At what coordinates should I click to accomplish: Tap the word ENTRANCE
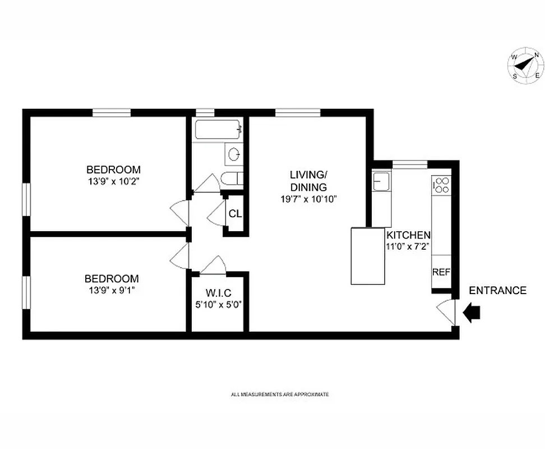(497, 291)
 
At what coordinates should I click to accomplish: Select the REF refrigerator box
(441, 272)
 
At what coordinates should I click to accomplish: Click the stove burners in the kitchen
(441, 185)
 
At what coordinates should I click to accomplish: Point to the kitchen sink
(381, 182)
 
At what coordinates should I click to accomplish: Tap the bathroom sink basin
(234, 153)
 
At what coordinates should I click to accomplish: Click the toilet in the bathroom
(231, 180)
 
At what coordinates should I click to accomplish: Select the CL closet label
(235, 214)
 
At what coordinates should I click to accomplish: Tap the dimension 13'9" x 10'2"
(113, 181)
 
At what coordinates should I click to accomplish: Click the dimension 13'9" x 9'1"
(111, 290)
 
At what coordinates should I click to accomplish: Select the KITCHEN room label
(408, 236)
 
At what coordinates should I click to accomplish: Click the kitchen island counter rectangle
(368, 255)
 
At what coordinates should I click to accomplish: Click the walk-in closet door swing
(215, 264)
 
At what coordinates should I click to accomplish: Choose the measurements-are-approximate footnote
(280, 395)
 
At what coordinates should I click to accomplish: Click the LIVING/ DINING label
(308, 181)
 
